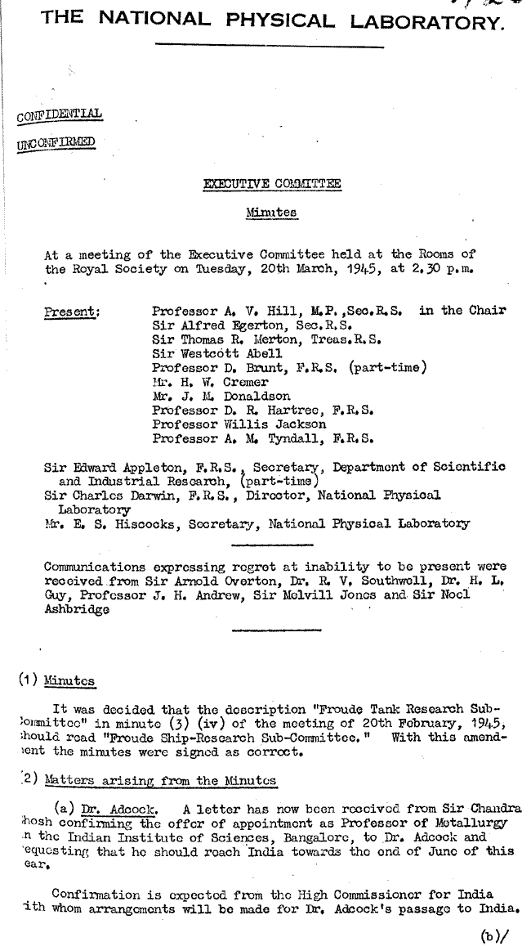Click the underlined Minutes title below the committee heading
[271, 213]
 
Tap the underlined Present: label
[71, 312]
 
